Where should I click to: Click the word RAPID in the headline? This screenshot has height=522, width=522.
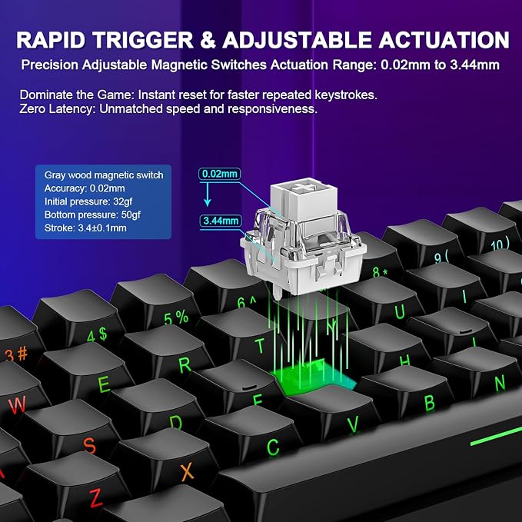[51, 40]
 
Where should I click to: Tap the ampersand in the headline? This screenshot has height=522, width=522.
[208, 40]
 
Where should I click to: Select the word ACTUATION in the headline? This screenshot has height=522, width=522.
[444, 40]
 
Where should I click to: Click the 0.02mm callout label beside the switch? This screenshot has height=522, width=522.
[220, 174]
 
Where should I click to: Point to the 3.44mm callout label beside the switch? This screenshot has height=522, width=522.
[221, 221]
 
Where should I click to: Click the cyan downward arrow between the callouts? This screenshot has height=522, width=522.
[208, 194]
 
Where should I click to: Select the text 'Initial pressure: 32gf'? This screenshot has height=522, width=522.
[89, 201]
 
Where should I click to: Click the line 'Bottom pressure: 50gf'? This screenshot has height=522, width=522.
[92, 214]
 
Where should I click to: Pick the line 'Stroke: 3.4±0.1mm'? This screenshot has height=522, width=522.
[85, 228]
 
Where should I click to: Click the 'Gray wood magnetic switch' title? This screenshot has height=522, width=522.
[104, 175]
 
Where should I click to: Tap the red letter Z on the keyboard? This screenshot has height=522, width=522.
[95, 497]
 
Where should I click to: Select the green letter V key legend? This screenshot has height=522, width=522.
[353, 424]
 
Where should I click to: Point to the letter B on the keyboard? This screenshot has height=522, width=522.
[430, 402]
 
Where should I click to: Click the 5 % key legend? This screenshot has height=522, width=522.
[176, 318]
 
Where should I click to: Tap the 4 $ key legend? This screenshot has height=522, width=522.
[97, 334]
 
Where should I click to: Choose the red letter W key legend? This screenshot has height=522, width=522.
[17, 405]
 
